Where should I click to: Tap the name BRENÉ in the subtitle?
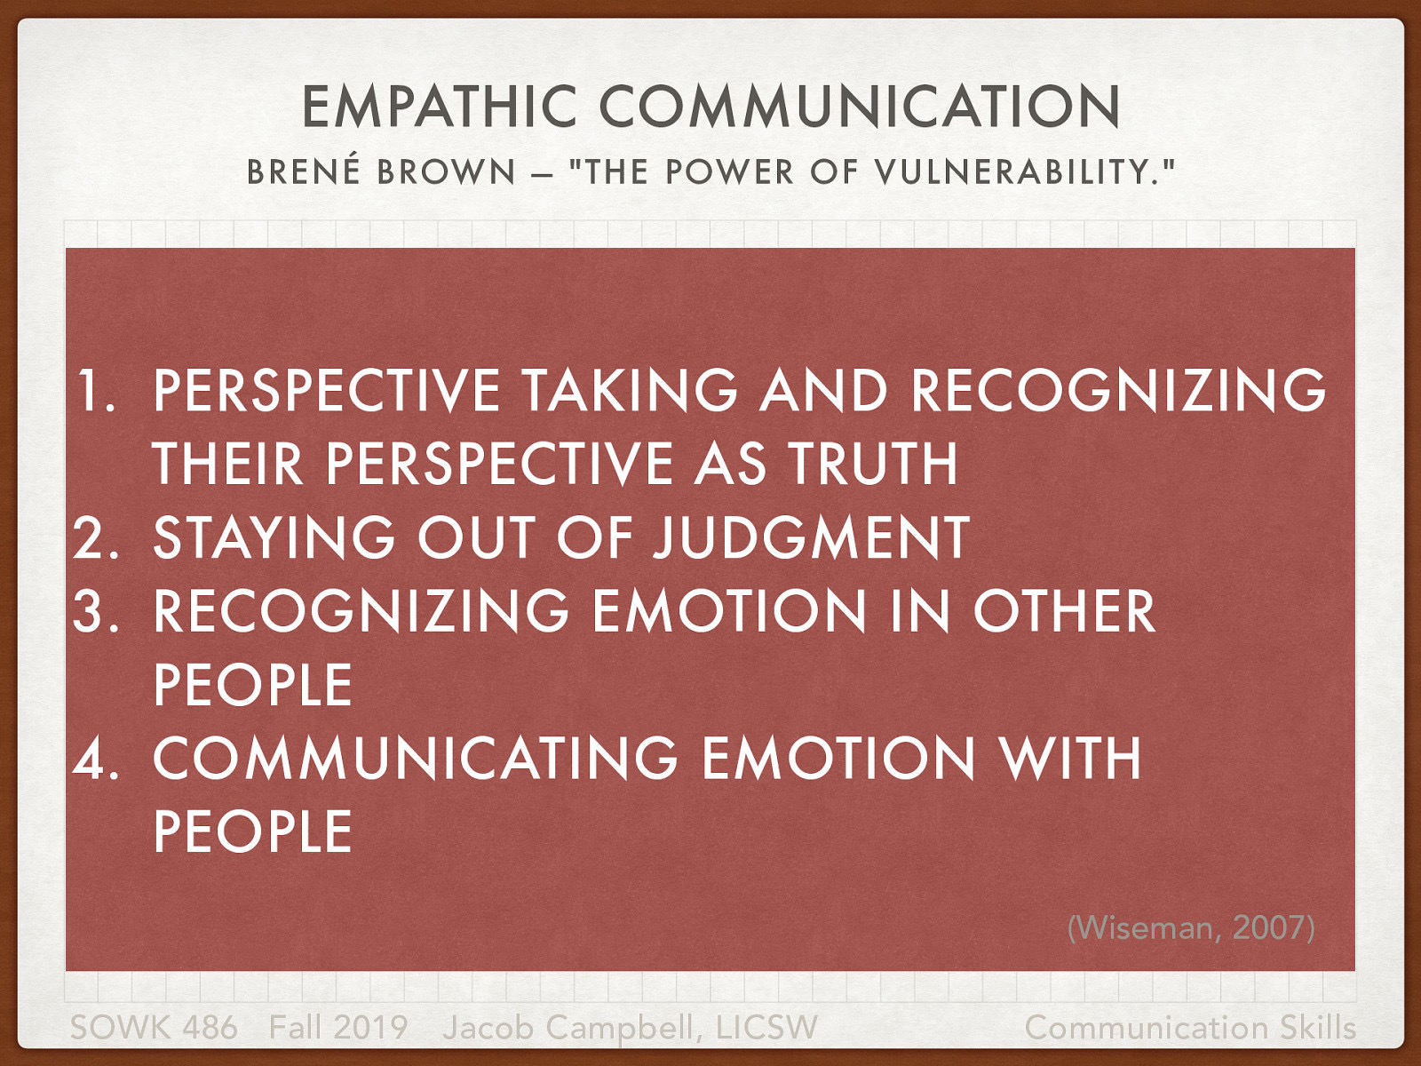point(305,171)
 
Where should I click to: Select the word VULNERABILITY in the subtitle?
point(1017,171)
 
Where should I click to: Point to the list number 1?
point(96,390)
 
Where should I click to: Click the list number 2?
point(96,537)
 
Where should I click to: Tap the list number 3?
point(96,611)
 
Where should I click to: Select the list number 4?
point(96,759)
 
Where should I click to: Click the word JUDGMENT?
point(810,537)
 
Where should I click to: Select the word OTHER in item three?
point(1064,611)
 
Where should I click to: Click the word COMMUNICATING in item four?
point(416,759)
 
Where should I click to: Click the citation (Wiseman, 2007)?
point(1190,927)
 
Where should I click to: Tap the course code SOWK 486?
point(154,1028)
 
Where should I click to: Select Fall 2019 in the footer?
point(337,1028)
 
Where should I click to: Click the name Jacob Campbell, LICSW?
point(630,1028)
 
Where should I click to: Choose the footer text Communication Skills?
point(1190,1028)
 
